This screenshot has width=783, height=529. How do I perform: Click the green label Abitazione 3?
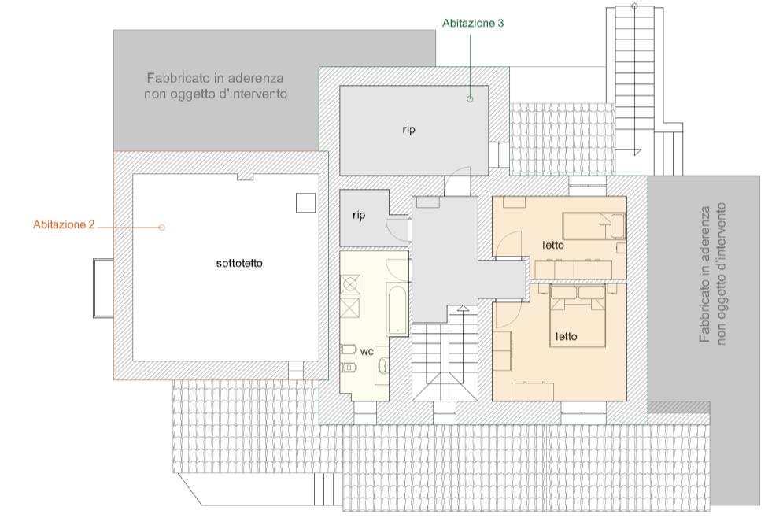pyautogui.click(x=473, y=23)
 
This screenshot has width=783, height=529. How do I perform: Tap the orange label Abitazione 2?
pyautogui.click(x=64, y=225)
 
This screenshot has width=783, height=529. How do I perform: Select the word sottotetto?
pyautogui.click(x=239, y=263)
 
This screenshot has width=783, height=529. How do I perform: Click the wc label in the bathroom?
pyautogui.click(x=367, y=352)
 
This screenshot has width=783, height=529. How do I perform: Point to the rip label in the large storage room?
pyautogui.click(x=408, y=130)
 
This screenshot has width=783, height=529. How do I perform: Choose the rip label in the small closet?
pyautogui.click(x=359, y=215)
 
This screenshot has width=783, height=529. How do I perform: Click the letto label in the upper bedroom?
pyautogui.click(x=552, y=246)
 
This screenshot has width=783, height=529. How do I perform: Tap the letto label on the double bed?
pyautogui.click(x=567, y=337)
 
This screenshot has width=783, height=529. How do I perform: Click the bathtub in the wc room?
pyautogui.click(x=397, y=309)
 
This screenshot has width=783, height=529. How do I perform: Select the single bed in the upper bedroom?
pyautogui.click(x=594, y=226)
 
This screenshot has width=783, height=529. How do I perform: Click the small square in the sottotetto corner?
pyautogui.click(x=305, y=203)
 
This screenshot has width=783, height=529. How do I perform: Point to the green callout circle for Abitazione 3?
pyautogui.click(x=470, y=99)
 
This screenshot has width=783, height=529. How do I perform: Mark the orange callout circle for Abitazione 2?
pyautogui.click(x=161, y=228)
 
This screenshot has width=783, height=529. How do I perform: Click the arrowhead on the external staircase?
pyautogui.click(x=635, y=152)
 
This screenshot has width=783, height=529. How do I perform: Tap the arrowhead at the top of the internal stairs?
pyautogui.click(x=463, y=309)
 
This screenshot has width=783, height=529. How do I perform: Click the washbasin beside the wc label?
pyautogui.click(x=382, y=366)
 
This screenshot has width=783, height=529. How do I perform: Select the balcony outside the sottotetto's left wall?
pyautogui.click(x=103, y=288)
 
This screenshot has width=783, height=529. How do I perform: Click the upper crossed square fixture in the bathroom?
pyautogui.click(x=350, y=284)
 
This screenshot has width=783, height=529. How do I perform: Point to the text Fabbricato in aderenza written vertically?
pyautogui.click(x=704, y=274)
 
